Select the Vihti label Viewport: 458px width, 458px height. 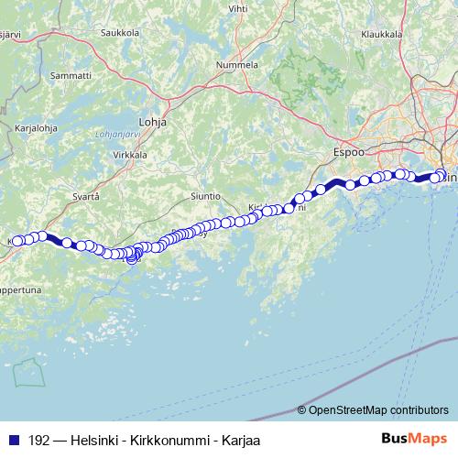pyautogui.click(x=237, y=8)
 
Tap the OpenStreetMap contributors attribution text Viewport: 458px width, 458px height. pyautogui.click(x=377, y=410)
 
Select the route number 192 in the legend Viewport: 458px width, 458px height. pyautogui.click(x=39, y=440)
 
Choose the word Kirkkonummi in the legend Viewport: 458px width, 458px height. pyautogui.click(x=162, y=440)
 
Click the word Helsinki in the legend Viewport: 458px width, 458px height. pyautogui.click(x=96, y=440)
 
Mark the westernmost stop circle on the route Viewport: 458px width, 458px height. pyautogui.click(x=16, y=241)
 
